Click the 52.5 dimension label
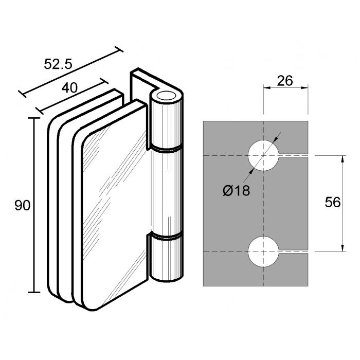(x=58, y=64)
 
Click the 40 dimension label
(x=69, y=88)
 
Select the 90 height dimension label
(x=22, y=206)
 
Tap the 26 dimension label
(x=285, y=81)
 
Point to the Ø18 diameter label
(x=236, y=191)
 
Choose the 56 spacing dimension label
(x=333, y=203)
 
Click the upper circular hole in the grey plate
(x=263, y=155)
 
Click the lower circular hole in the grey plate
(x=263, y=251)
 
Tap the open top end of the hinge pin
(x=167, y=96)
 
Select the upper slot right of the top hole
(x=293, y=155)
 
